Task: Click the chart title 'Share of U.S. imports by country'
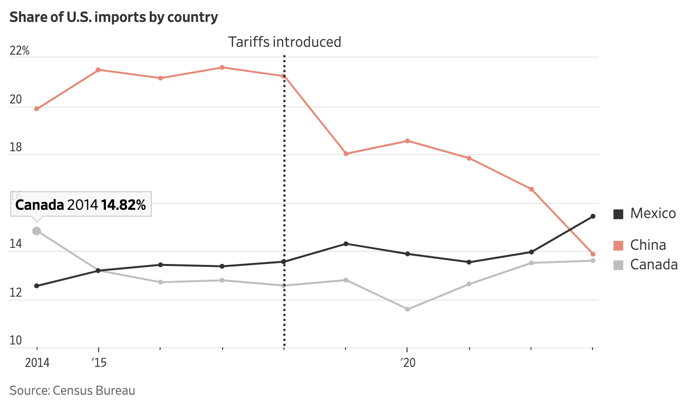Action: [x=113, y=17]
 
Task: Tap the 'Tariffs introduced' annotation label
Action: [x=285, y=42]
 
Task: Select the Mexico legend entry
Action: [x=645, y=213]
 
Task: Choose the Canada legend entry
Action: [x=645, y=264]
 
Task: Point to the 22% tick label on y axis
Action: [x=20, y=51]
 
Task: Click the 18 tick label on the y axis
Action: [x=16, y=148]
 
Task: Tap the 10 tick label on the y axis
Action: [x=16, y=340]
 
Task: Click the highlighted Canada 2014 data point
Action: [x=37, y=231]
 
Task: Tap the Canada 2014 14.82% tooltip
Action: [x=81, y=205]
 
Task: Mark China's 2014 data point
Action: [x=37, y=109]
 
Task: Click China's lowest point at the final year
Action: [x=593, y=254]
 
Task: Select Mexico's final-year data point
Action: [x=593, y=216]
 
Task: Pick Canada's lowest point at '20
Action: [x=408, y=309]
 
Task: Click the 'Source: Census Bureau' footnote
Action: [x=72, y=390]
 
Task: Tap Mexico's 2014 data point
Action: [x=37, y=286]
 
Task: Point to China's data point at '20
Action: [x=408, y=141]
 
